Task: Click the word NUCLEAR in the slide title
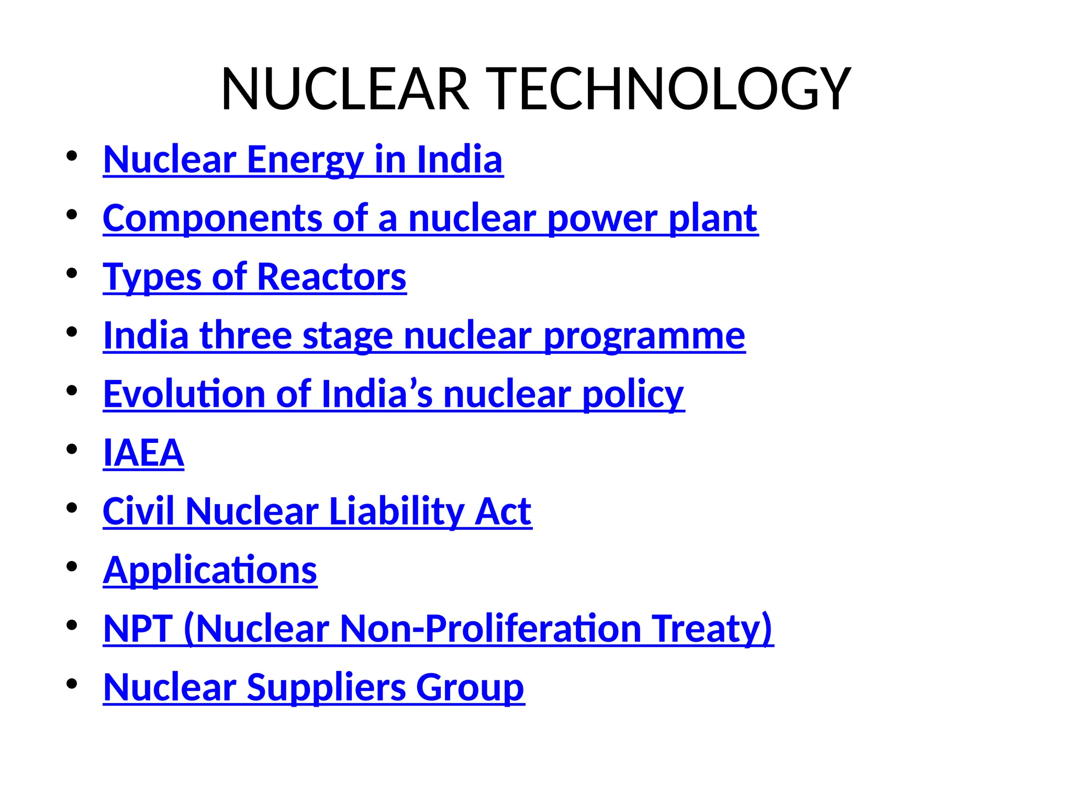tap(345, 89)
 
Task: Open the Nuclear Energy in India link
tap(303, 160)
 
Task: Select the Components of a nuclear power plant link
tap(430, 218)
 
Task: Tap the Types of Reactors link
tap(254, 277)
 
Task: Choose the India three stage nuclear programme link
tap(424, 336)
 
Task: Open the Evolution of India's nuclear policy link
tap(394, 394)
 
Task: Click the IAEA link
tap(143, 453)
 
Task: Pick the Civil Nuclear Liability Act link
tap(317, 511)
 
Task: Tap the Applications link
tap(210, 570)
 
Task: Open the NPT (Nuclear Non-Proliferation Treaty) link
tap(438, 629)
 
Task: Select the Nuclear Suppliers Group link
tap(314, 687)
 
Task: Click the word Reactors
tap(331, 277)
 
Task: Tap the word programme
tap(644, 336)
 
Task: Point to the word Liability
tap(396, 511)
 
